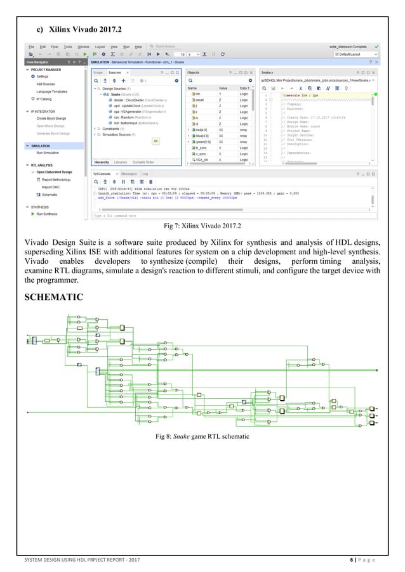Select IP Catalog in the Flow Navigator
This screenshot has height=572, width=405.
click(x=44, y=100)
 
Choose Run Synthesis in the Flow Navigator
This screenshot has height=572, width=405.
click(x=47, y=214)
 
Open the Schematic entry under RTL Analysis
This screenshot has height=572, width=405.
click(x=50, y=195)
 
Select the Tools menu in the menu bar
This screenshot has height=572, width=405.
click(x=67, y=47)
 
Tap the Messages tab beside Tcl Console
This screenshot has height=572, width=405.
click(x=128, y=173)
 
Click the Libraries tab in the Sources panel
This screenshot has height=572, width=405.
click(x=121, y=162)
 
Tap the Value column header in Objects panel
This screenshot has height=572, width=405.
click(x=223, y=88)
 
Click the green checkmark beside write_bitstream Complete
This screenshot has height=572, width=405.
click(x=378, y=47)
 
